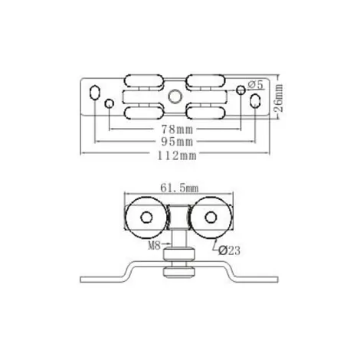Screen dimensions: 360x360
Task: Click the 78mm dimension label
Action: (x=178, y=129)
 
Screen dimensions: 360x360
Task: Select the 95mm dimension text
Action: (x=178, y=142)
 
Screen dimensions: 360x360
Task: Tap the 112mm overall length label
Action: (x=177, y=155)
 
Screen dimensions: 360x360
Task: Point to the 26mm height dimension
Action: (x=279, y=98)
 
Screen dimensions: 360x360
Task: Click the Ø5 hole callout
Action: (x=255, y=84)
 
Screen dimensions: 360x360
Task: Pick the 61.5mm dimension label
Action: (x=179, y=188)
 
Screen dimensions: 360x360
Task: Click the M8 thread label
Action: (x=155, y=246)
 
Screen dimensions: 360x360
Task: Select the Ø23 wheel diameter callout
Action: (x=230, y=250)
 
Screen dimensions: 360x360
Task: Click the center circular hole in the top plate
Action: (x=175, y=97)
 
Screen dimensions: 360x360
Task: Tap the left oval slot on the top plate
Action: (x=94, y=92)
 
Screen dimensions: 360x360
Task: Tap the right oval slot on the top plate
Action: (x=255, y=101)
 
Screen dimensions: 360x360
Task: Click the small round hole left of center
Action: (x=110, y=103)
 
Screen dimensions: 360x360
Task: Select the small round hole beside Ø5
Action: (x=241, y=90)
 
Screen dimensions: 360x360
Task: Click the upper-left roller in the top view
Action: (x=144, y=80)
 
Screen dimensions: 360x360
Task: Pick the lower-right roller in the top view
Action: (x=206, y=113)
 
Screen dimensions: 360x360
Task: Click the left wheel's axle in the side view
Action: (x=146, y=218)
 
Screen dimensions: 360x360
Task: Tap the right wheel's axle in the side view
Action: (x=211, y=218)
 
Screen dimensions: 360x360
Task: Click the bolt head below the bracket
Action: (x=179, y=272)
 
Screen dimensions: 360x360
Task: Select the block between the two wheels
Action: (x=178, y=217)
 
